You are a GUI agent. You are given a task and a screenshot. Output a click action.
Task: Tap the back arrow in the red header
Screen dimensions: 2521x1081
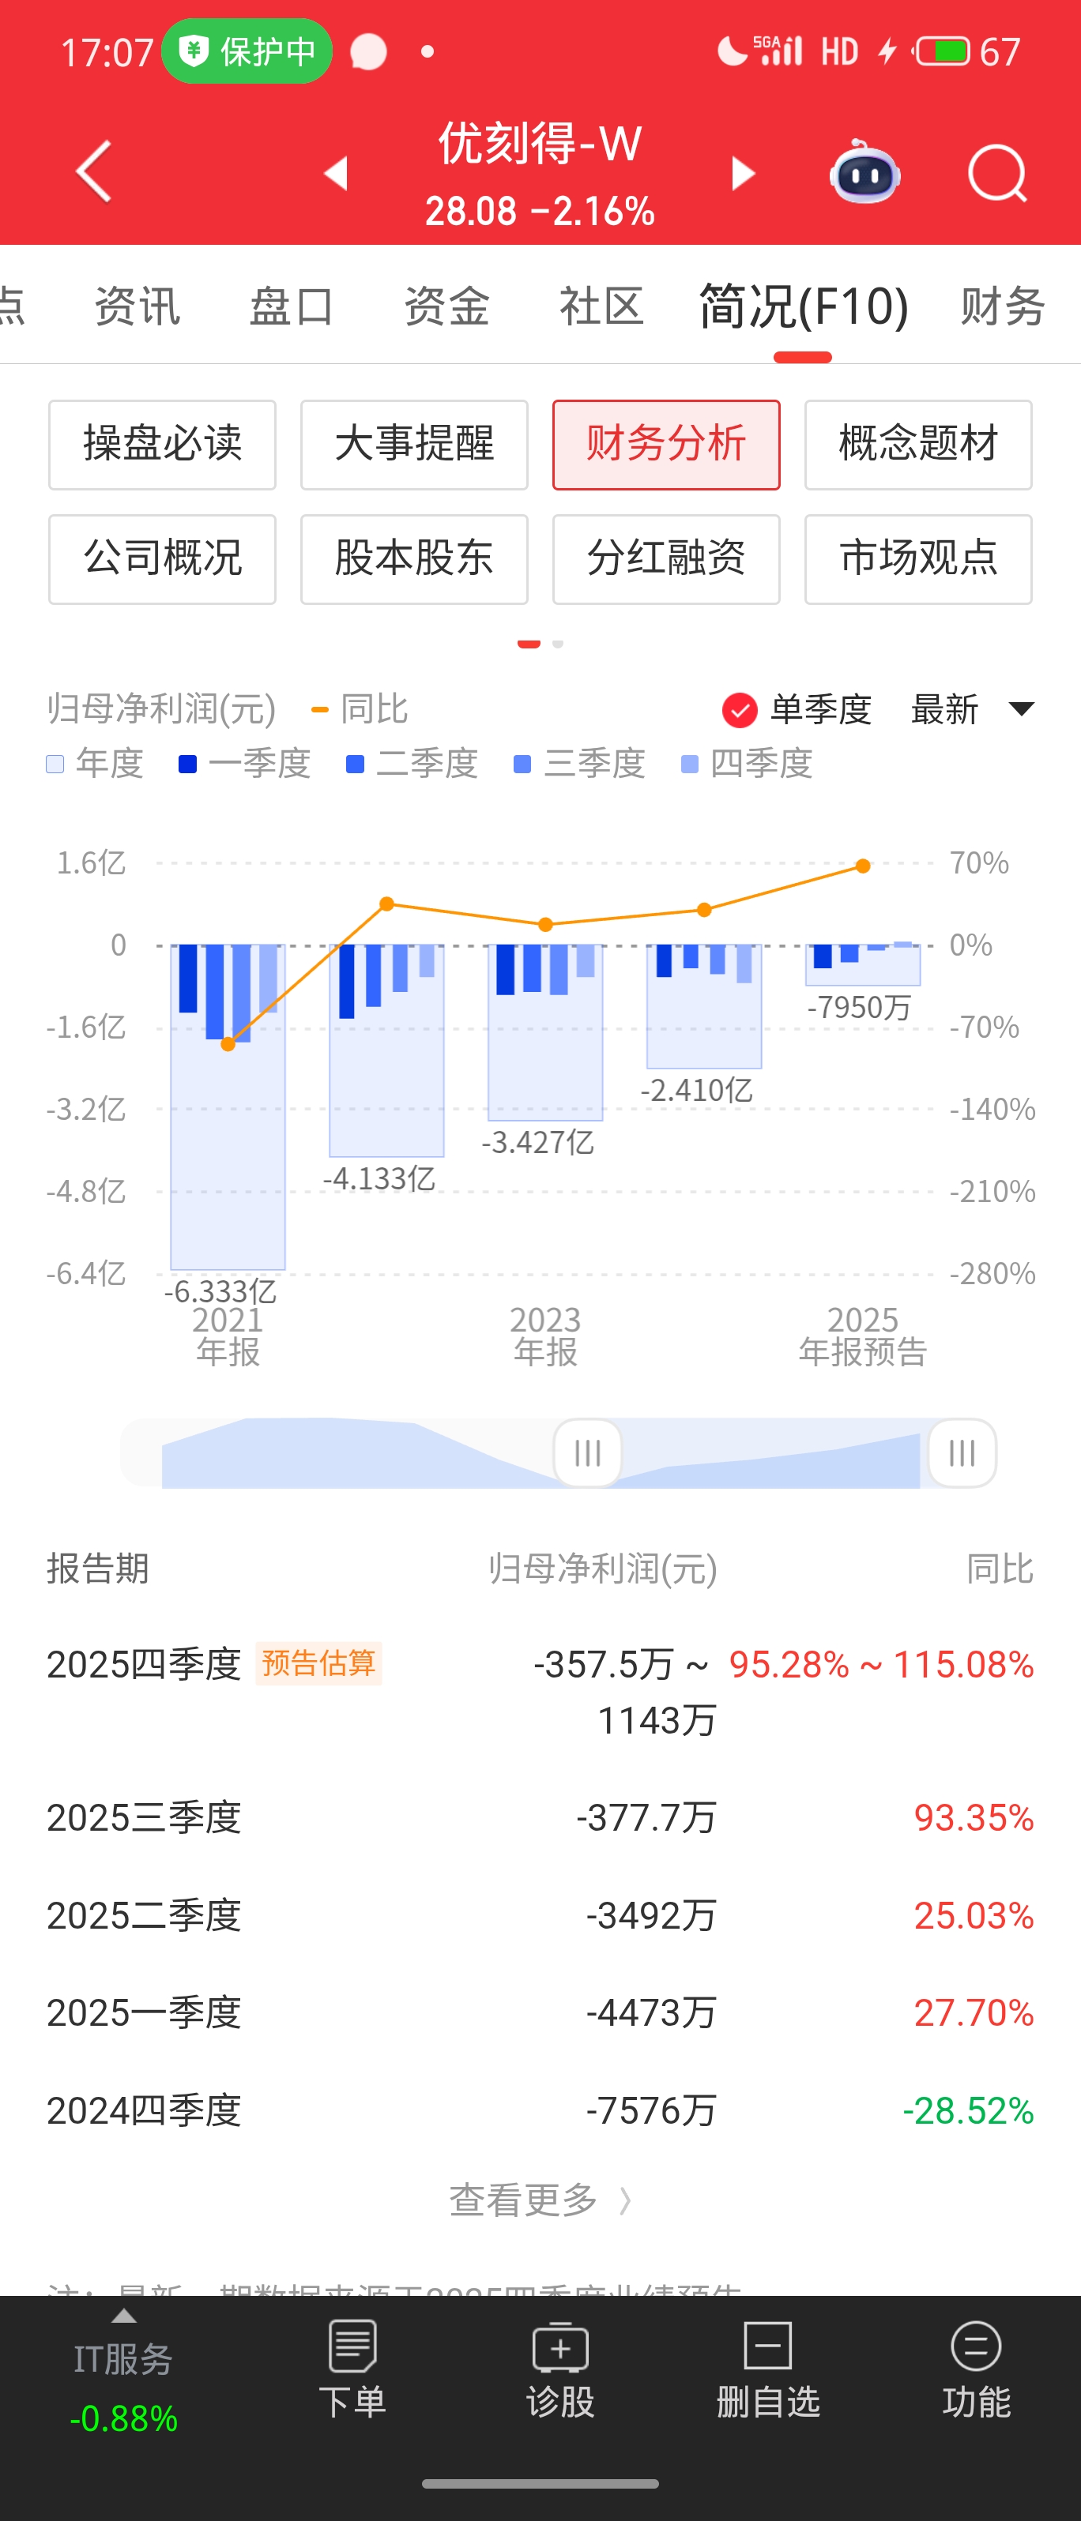coord(94,172)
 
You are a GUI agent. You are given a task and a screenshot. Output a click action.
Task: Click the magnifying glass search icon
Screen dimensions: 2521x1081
coord(996,175)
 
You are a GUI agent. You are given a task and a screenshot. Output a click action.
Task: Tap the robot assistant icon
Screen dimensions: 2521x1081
coord(864,173)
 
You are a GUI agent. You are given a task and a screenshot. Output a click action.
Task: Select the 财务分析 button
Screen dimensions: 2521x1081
coord(666,445)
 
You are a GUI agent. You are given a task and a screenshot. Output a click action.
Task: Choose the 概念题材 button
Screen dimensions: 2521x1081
coord(917,445)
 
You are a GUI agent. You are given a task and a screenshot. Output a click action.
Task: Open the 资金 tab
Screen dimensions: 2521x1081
coord(446,306)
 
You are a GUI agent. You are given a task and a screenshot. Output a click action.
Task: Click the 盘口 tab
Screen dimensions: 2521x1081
coord(292,306)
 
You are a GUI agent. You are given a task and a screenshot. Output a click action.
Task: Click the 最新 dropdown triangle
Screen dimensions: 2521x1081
coord(1021,708)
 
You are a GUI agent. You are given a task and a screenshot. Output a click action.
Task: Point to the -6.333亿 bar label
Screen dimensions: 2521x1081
coord(220,1291)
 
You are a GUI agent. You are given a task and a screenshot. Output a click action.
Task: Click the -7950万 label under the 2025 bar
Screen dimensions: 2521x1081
coord(859,1007)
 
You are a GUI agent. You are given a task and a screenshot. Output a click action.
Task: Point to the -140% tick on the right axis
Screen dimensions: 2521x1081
coord(992,1109)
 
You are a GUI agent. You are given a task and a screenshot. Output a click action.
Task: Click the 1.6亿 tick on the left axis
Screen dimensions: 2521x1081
coord(91,863)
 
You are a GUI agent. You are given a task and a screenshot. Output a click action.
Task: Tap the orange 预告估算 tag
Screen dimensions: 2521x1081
coord(318,1663)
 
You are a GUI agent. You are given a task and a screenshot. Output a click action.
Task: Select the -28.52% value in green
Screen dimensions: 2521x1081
coord(967,2111)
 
